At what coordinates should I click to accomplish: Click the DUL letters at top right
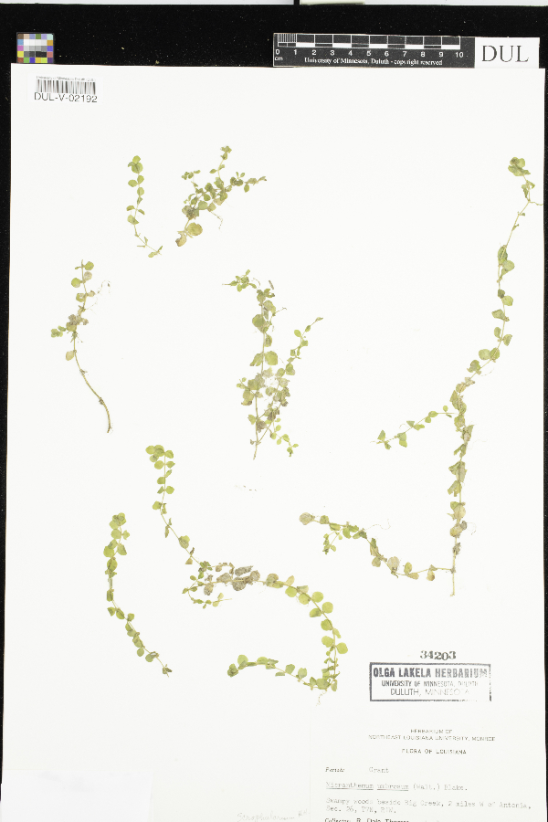pos(504,53)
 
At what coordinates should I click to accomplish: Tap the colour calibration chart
pos(35,47)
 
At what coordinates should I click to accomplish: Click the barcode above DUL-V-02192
pos(65,86)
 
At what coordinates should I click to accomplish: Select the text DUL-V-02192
pos(66,98)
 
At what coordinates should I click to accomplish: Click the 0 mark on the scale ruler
pos(278,54)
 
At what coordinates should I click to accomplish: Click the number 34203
pos(439,655)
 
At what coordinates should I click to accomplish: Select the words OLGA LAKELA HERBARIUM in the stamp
pos(429,672)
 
